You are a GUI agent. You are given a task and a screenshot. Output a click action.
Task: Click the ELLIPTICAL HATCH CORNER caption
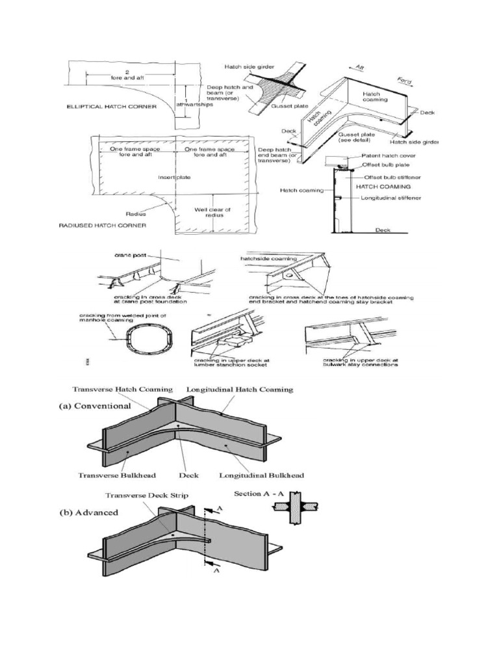point(114,106)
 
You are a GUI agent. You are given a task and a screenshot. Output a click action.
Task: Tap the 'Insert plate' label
point(172,177)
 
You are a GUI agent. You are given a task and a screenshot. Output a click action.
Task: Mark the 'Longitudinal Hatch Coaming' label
point(240,390)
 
